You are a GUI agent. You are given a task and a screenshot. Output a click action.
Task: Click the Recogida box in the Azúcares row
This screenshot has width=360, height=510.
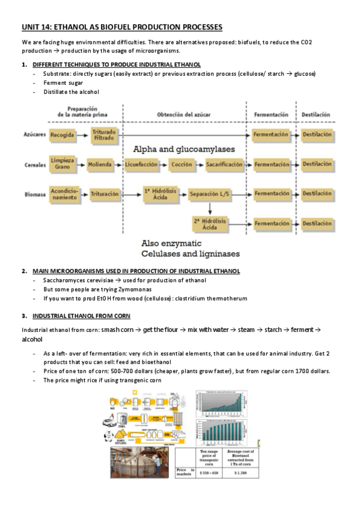[63, 135]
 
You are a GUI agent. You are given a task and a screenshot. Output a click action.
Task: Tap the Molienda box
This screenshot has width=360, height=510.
[100, 164]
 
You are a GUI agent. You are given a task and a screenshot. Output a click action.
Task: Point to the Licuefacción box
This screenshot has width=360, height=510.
[141, 164]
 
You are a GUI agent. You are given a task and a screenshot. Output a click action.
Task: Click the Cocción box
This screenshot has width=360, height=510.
[182, 164]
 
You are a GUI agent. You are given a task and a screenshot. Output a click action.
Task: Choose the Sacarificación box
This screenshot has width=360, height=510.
[224, 164]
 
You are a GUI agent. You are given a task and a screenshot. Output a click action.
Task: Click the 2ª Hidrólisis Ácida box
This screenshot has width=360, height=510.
[210, 224]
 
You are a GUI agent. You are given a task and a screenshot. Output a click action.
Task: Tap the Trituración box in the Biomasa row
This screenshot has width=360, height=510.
[105, 194]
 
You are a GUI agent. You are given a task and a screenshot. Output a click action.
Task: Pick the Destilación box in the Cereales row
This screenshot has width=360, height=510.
[317, 164]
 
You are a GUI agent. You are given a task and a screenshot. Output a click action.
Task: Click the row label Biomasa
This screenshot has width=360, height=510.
[34, 194]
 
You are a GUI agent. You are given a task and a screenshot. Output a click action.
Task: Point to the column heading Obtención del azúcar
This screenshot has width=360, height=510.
[185, 114]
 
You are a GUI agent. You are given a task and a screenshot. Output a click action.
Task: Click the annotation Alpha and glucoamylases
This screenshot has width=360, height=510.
[192, 149]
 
